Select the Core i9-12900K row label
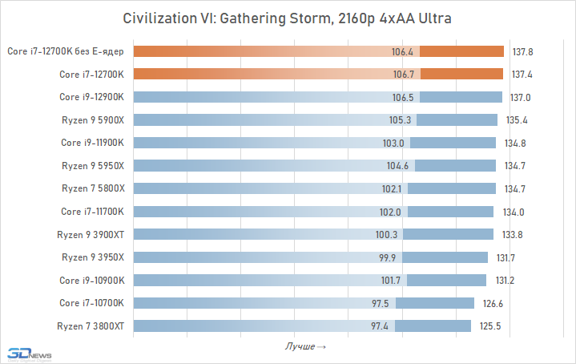[x=92, y=97]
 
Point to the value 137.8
[x=523, y=51]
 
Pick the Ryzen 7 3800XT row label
[x=91, y=326]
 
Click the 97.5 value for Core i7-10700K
[x=380, y=303]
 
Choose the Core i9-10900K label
[x=92, y=280]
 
